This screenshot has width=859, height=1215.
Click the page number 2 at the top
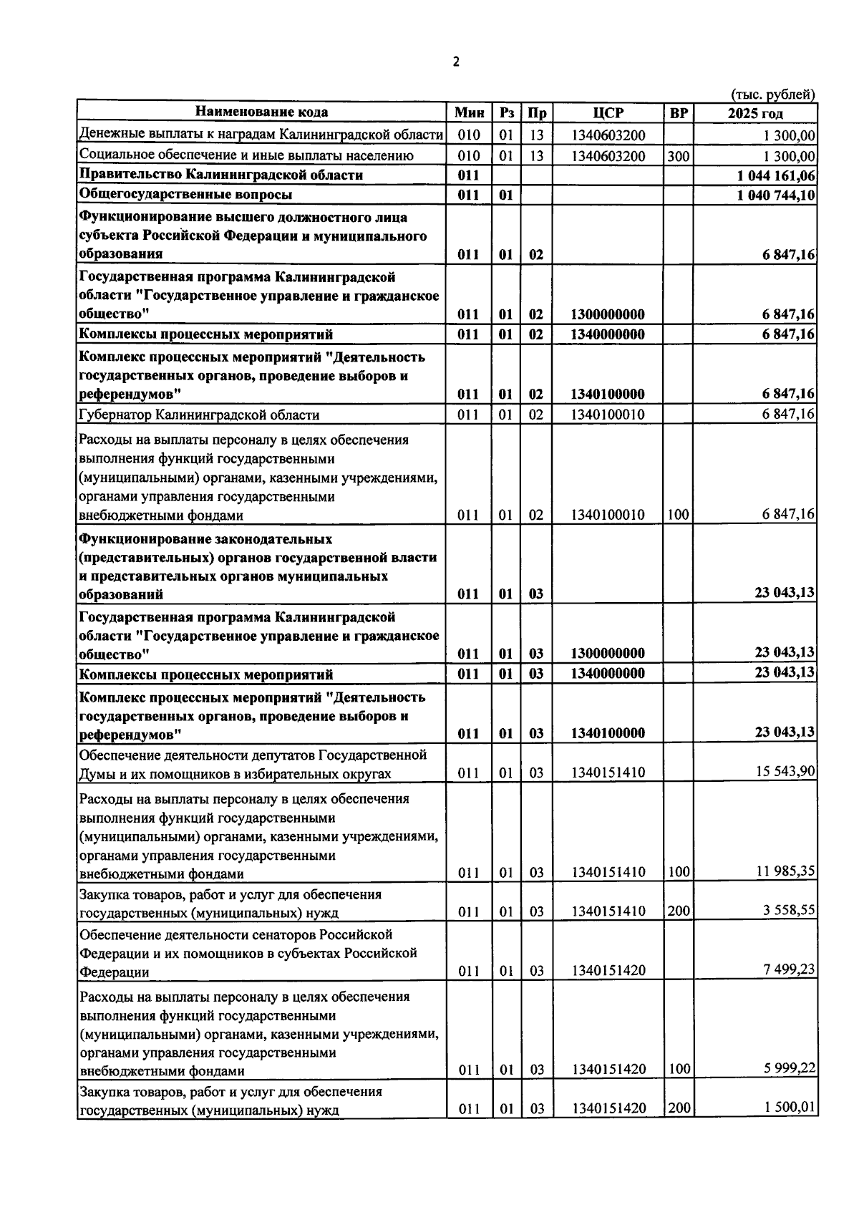pos(456,62)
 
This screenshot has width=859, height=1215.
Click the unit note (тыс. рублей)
pos(772,94)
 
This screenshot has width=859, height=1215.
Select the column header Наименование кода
pos(262,112)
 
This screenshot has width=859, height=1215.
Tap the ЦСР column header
pos(608,113)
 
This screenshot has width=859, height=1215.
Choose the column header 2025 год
pos(755,113)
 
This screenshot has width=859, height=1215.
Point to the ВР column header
pos(678,113)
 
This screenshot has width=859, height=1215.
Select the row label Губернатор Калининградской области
pos(200,415)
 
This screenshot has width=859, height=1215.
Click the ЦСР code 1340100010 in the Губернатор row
pos(608,415)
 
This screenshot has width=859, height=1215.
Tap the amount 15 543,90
pos(785,771)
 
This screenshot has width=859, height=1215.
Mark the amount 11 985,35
pos(785,871)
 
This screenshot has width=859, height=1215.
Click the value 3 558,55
pos(789,910)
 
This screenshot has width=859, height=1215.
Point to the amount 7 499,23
pos(789,969)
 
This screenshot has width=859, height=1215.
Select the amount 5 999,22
pos(789,1068)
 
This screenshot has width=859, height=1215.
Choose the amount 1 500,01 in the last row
pos(789,1108)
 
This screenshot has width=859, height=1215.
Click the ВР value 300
pos(678,156)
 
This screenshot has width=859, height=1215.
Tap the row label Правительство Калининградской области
pos(221,175)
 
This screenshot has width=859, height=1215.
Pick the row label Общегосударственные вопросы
pos(185,194)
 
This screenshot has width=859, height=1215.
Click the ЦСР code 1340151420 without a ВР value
pos(608,971)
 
